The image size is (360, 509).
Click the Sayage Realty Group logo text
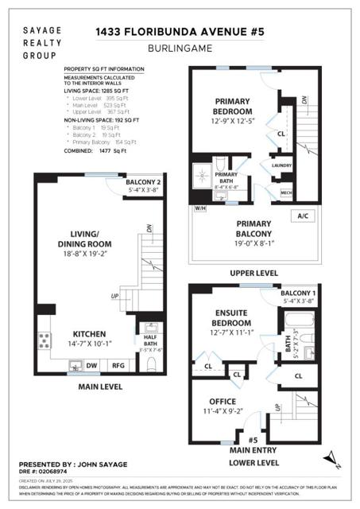[x=39, y=42]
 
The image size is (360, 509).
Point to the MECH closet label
[x=286, y=192]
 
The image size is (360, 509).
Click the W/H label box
[x=200, y=209]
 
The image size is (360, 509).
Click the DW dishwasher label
[x=93, y=367]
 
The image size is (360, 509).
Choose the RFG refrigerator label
[x=118, y=367]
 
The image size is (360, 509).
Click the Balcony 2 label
[x=144, y=182]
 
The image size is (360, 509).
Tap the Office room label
[x=223, y=402]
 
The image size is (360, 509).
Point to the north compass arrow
[x=328, y=457]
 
